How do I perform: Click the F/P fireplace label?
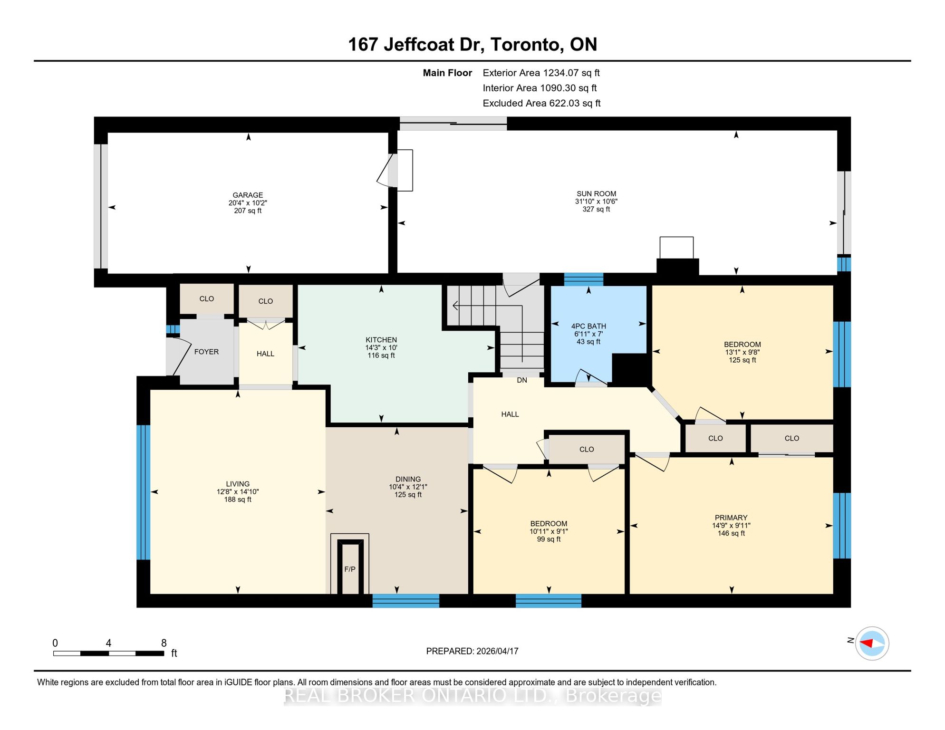point(350,569)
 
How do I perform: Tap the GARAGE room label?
point(248,195)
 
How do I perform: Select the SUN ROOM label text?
point(596,193)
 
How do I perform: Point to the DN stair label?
point(522,380)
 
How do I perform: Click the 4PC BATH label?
point(588,326)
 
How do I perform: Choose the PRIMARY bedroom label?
point(731,518)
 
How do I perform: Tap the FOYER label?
point(206,352)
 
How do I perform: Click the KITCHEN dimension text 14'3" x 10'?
point(381,347)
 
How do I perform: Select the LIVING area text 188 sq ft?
point(238,499)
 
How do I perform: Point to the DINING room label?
point(408,479)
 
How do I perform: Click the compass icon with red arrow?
point(872,644)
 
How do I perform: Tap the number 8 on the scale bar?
point(164,643)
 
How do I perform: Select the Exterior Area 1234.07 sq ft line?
point(541,73)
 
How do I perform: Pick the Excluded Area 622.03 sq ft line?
point(541,103)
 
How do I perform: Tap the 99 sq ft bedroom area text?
point(549,539)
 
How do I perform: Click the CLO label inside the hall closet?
point(587,449)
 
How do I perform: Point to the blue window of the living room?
point(143,492)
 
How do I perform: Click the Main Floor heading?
point(447,73)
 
